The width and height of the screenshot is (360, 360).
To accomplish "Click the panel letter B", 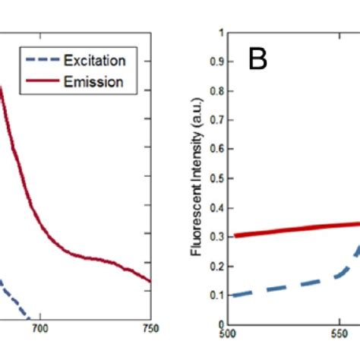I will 258,60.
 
